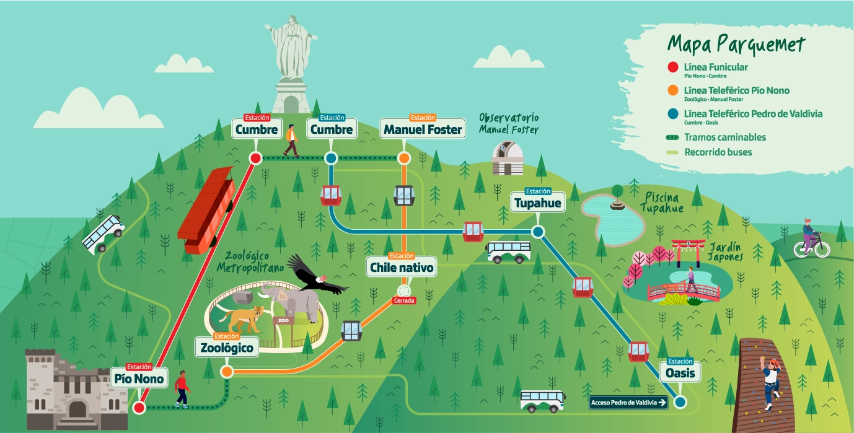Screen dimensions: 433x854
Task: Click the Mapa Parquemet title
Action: click(x=736, y=45)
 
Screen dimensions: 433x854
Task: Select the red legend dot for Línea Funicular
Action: click(x=672, y=68)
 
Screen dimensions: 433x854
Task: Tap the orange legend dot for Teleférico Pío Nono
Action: click(x=672, y=92)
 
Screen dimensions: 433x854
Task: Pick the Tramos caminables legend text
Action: click(x=724, y=138)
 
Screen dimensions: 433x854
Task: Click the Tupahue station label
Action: click(x=537, y=203)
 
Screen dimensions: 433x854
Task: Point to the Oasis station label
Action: click(x=680, y=373)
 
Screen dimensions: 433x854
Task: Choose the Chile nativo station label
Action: click(x=402, y=268)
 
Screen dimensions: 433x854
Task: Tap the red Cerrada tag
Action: click(x=404, y=301)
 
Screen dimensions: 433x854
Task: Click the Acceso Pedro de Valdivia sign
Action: click(x=628, y=403)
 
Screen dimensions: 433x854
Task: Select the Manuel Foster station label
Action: click(x=423, y=129)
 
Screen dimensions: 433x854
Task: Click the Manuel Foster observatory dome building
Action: click(x=507, y=159)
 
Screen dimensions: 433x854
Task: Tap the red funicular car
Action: click(x=206, y=211)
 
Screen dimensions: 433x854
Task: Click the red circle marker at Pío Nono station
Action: click(x=139, y=408)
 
